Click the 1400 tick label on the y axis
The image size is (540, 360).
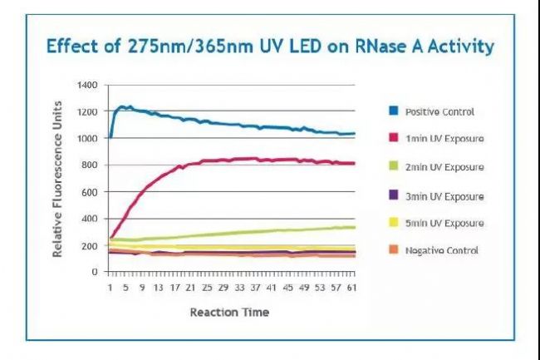[88, 85]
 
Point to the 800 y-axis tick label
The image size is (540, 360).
[91, 165]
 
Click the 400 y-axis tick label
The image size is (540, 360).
[91, 219]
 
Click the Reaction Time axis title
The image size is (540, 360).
[229, 313]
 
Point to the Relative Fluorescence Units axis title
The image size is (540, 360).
[58, 179]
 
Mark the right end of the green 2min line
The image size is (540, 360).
[355, 226]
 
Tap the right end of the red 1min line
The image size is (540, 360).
[355, 163]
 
